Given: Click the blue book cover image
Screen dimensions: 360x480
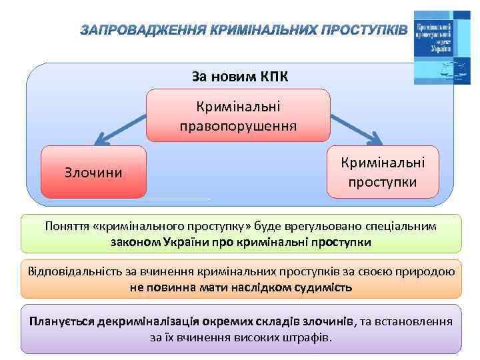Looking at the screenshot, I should [x=436, y=47].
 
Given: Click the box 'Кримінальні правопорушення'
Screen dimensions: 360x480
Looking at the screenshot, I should [x=238, y=115].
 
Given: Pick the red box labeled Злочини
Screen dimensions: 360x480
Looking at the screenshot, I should [x=93, y=173].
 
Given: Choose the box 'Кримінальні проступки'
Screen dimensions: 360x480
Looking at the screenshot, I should [x=382, y=172].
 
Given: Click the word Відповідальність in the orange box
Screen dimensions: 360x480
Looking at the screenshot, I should [x=72, y=271].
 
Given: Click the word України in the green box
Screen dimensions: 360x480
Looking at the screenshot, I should [x=186, y=241].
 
